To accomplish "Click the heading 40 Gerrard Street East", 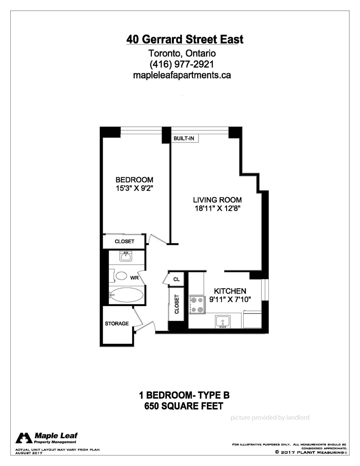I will pyautogui.click(x=185, y=39).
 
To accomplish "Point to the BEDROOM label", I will pyautogui.click(x=134, y=180).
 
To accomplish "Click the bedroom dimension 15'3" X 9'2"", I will pyautogui.click(x=134, y=188).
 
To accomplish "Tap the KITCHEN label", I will pyautogui.click(x=230, y=291).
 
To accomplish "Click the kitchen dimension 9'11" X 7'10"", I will pyautogui.click(x=230, y=300).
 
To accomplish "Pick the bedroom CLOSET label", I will pyautogui.click(x=124, y=241).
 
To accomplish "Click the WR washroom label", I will pyautogui.click(x=135, y=278).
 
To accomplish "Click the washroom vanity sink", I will pyautogui.click(x=126, y=257).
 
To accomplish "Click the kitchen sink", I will pyautogui.click(x=223, y=322).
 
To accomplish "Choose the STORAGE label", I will pyautogui.click(x=116, y=324).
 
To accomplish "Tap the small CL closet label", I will pyautogui.click(x=176, y=279).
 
